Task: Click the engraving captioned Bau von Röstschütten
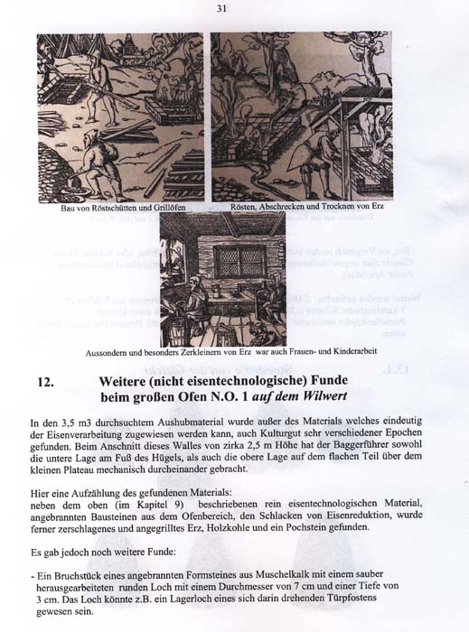[120, 117]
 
